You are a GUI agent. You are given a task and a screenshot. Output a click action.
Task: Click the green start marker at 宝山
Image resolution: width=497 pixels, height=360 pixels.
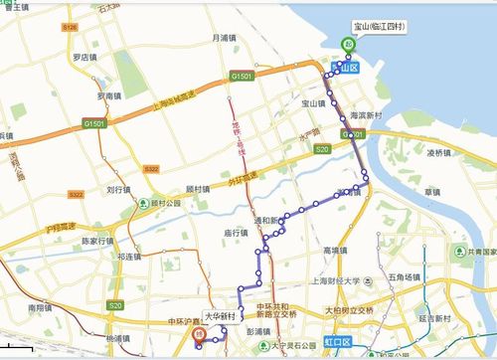(347, 44)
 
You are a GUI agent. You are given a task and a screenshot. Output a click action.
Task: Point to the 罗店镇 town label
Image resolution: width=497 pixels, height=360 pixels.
(86, 58)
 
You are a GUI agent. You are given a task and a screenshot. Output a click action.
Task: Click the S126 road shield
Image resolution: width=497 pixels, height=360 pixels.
(68, 29)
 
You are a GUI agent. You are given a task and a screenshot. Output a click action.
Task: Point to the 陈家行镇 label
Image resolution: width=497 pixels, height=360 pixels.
(100, 240)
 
